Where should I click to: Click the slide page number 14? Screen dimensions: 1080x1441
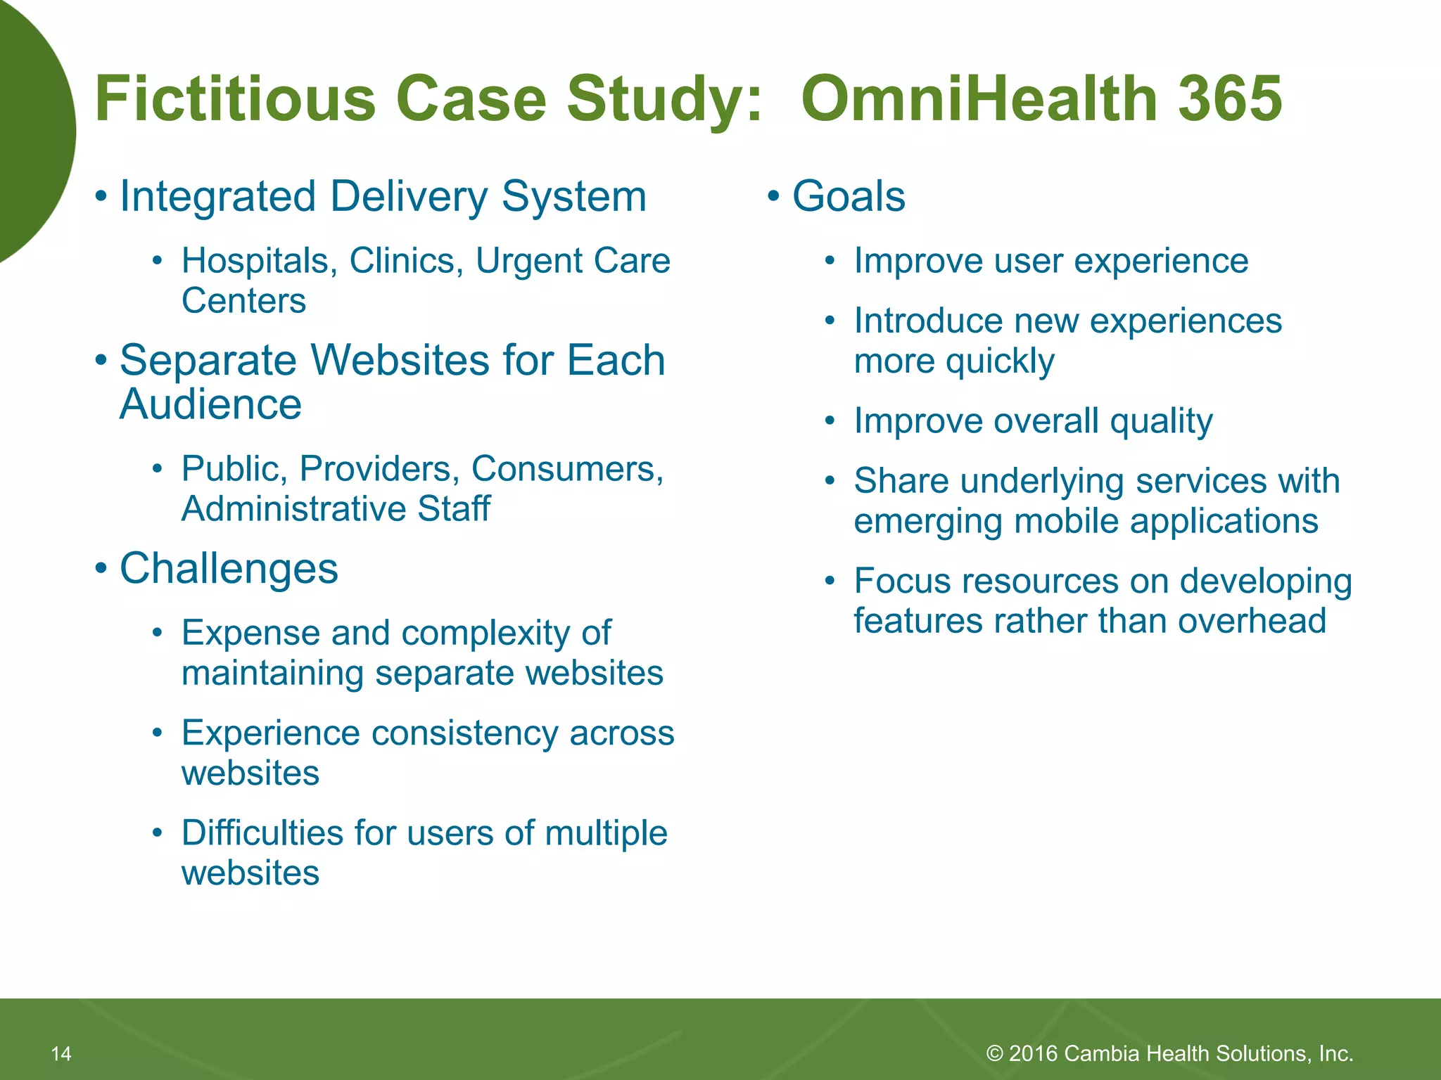pyautogui.click(x=61, y=1053)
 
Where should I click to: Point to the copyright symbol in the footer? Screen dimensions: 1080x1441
pyautogui.click(x=994, y=1053)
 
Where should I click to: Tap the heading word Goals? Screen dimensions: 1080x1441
pyautogui.click(x=849, y=196)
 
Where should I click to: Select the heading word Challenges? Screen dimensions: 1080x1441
pyautogui.click(x=229, y=568)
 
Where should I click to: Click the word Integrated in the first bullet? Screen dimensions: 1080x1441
pyautogui.click(x=217, y=196)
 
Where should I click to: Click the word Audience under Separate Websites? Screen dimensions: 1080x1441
pyautogui.click(x=210, y=404)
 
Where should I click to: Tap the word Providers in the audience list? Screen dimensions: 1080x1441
pyautogui.click(x=379, y=469)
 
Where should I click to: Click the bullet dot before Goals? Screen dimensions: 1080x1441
pyautogui.click(x=773, y=197)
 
